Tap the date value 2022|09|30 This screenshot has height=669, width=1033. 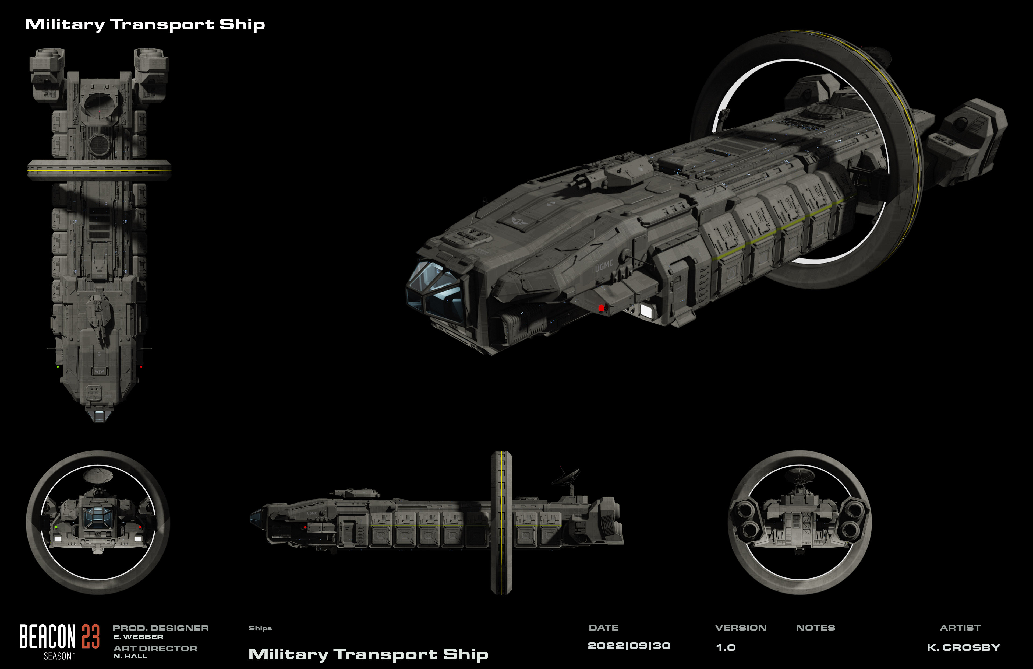[629, 646]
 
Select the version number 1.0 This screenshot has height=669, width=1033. [726, 647]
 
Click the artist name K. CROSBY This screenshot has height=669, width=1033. [963, 647]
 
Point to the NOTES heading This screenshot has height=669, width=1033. [816, 628]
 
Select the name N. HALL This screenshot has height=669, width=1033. [130, 656]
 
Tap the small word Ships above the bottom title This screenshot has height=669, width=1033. [260, 628]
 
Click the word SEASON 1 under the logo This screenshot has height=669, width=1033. [59, 656]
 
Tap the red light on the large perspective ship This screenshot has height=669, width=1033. [601, 308]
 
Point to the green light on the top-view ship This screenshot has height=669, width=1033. [58, 367]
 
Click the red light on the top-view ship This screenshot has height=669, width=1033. [141, 367]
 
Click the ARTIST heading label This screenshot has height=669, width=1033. [960, 628]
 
